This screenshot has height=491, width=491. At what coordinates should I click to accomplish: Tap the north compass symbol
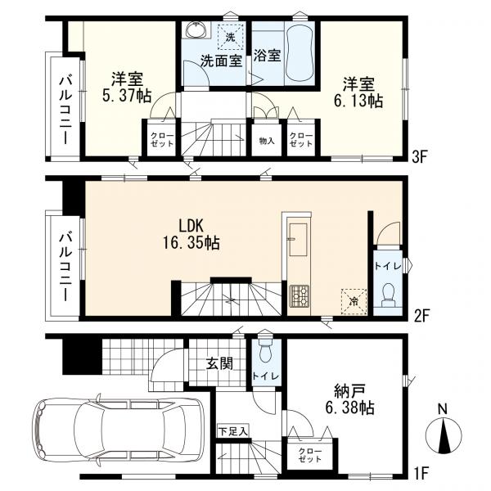click(444, 435)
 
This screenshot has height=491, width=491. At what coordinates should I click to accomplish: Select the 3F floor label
click(420, 157)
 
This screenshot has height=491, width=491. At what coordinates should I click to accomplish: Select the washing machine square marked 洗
click(231, 37)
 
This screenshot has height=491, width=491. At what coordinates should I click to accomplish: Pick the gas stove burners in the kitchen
click(299, 295)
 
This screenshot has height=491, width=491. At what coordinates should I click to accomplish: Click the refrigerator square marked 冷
click(354, 301)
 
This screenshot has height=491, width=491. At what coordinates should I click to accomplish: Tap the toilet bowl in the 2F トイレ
click(389, 295)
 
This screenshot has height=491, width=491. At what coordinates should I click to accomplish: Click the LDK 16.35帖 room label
click(191, 234)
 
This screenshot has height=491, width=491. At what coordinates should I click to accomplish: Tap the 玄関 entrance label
click(219, 363)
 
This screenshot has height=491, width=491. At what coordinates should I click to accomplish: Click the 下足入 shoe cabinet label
click(233, 432)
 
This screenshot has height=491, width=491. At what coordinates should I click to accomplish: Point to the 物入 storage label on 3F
click(267, 142)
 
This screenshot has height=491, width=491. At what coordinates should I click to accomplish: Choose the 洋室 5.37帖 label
click(127, 87)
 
